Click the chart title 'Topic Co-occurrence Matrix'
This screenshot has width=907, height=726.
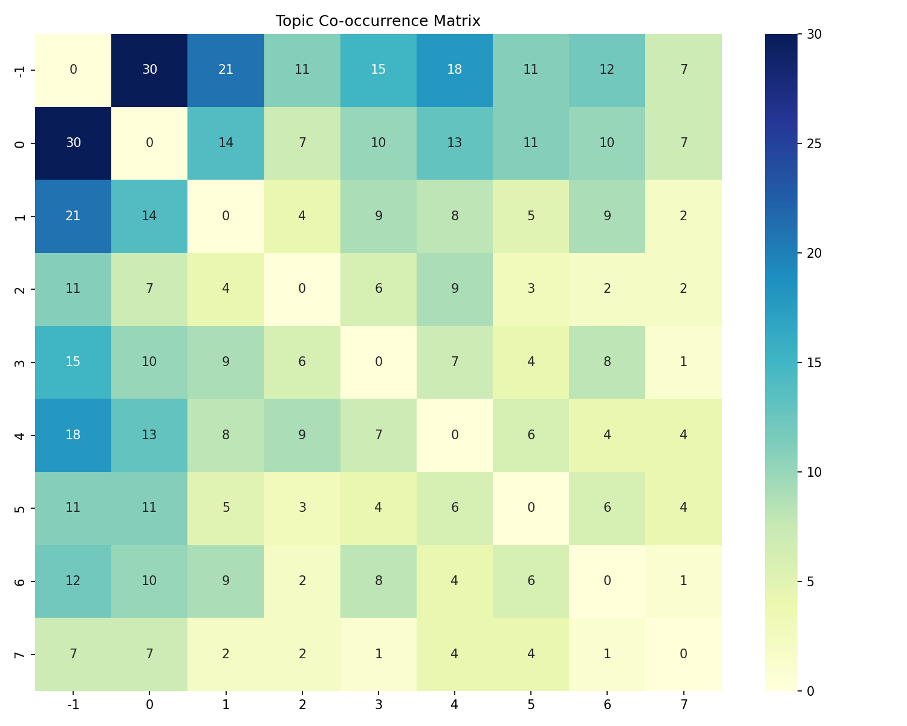point(378,21)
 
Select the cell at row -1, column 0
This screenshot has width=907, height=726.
point(149,70)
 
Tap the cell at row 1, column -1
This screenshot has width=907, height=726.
point(73,216)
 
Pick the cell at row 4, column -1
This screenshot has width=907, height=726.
point(73,435)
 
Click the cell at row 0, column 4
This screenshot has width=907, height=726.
point(454,143)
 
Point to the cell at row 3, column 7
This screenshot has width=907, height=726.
point(683,362)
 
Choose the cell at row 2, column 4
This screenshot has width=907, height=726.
point(454,289)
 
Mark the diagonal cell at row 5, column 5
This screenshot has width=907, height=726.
point(530,508)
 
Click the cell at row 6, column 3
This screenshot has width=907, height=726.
point(378,581)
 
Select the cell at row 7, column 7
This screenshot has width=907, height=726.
point(683,654)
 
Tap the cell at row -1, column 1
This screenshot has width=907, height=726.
point(226,70)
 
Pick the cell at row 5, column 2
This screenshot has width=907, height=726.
point(302,508)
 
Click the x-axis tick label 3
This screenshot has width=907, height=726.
point(378,704)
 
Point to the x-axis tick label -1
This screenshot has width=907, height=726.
point(73,704)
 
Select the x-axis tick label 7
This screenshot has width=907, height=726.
point(683,704)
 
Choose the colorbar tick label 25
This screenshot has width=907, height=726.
point(814,144)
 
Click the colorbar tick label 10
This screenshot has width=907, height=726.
point(814,472)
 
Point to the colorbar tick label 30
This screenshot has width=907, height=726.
point(814,34)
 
